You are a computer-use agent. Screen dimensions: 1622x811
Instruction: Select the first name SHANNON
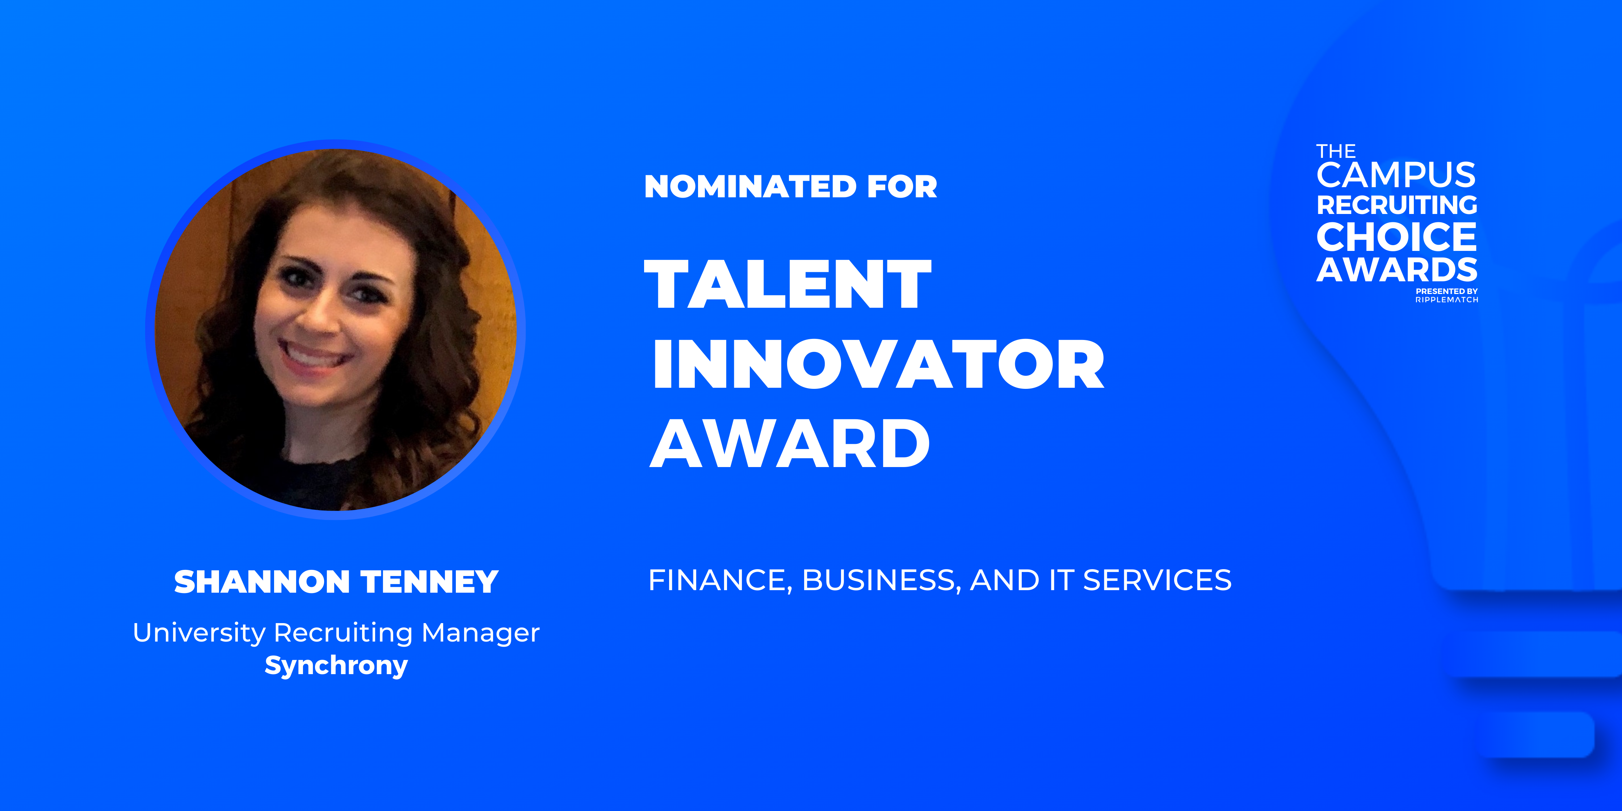tap(262, 582)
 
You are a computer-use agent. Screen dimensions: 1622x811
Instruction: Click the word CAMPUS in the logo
tap(1396, 175)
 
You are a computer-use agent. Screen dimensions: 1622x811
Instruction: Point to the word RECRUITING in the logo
tap(1396, 205)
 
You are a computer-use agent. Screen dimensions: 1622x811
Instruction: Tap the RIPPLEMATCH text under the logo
tap(1447, 300)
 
